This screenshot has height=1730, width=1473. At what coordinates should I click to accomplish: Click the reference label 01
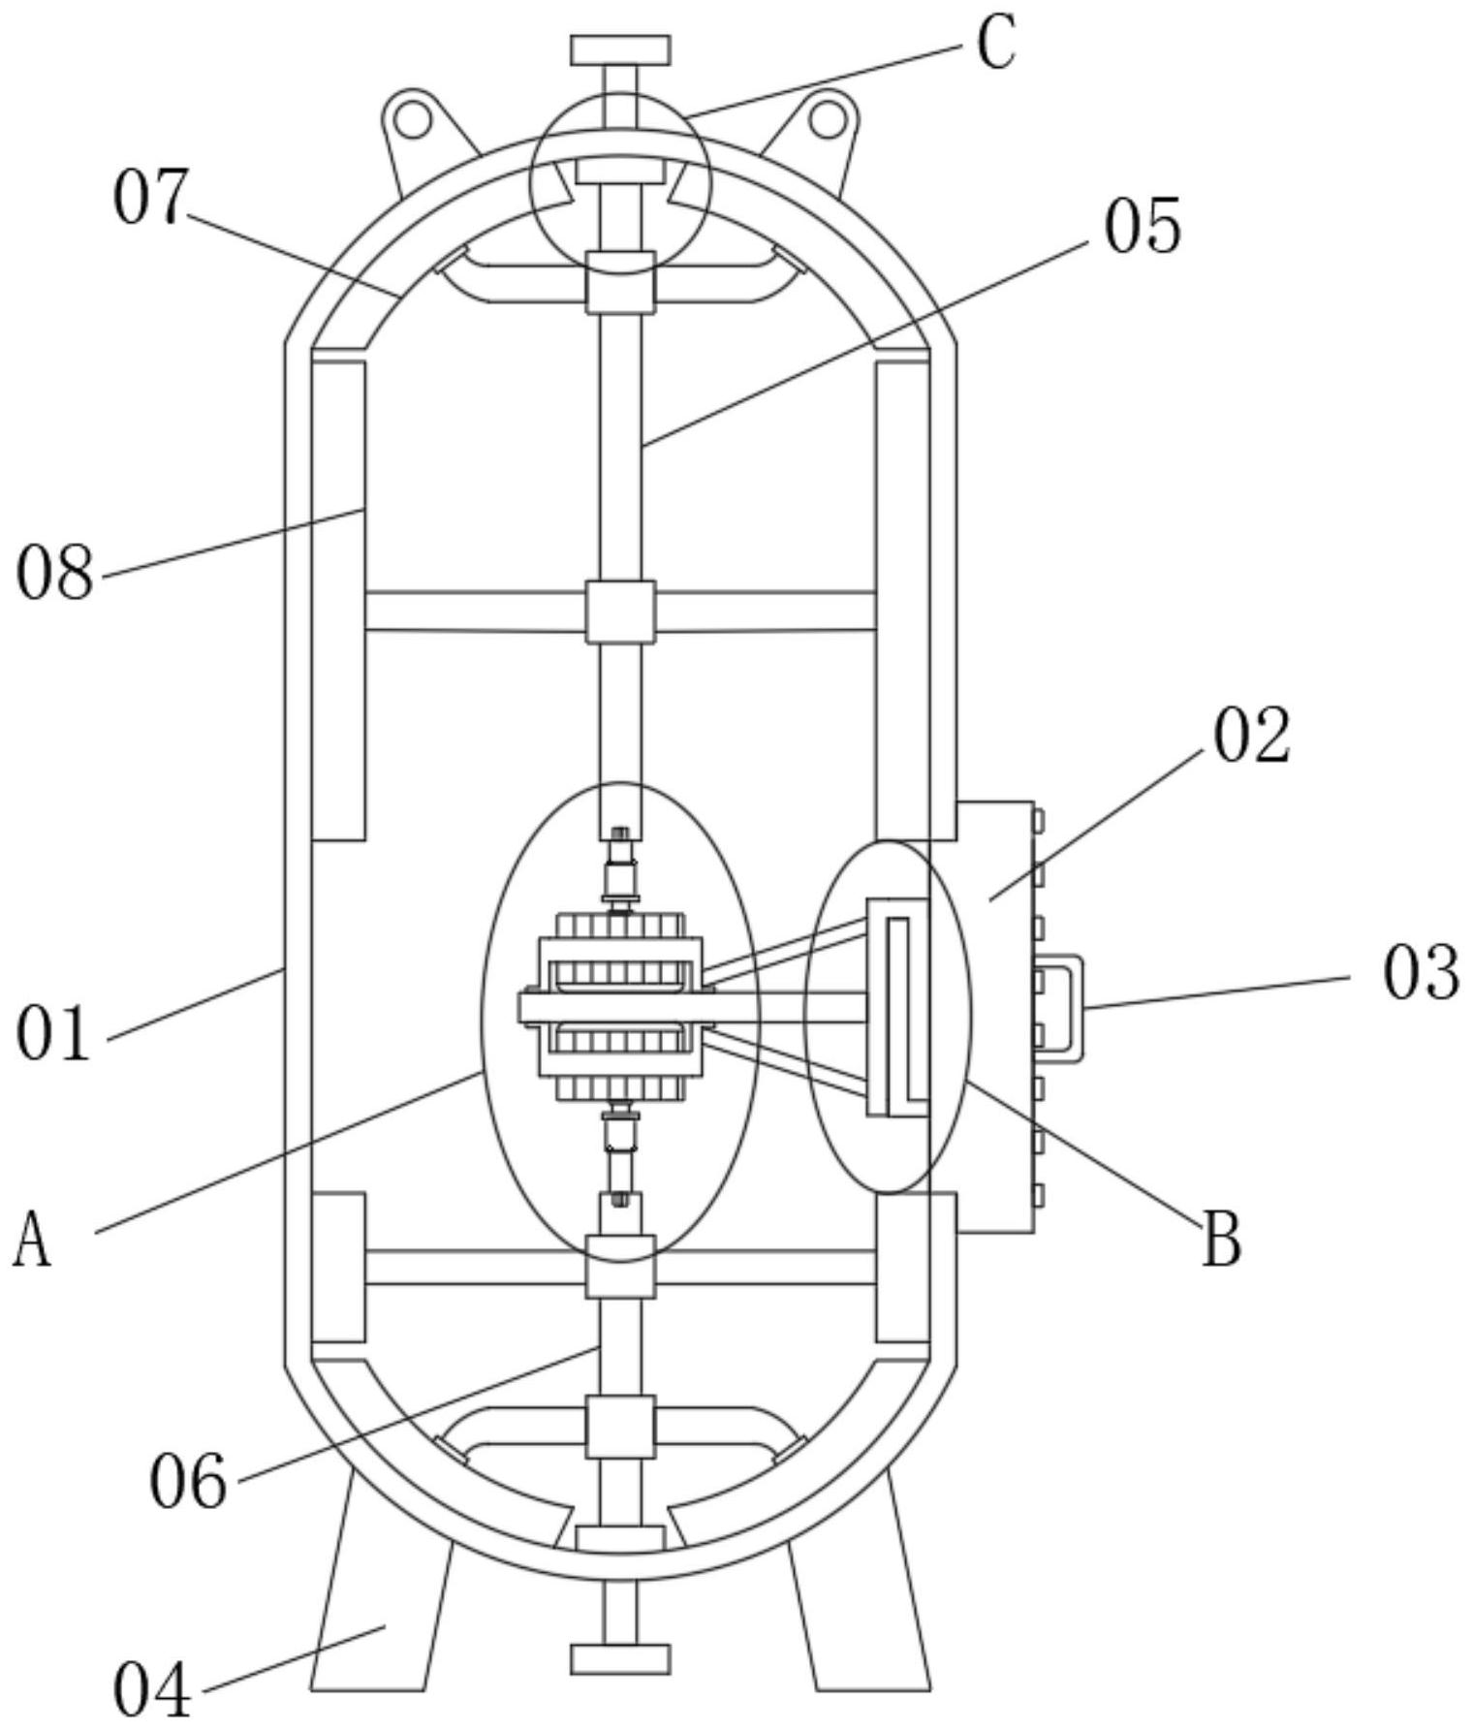[53, 1034]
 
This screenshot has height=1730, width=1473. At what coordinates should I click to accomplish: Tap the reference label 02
[1252, 736]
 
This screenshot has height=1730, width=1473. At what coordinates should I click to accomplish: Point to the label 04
[152, 1689]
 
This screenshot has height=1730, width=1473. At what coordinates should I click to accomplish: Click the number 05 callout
[1144, 226]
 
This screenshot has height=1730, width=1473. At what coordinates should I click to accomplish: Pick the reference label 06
[188, 1482]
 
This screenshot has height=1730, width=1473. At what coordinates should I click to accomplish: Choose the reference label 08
[55, 573]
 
